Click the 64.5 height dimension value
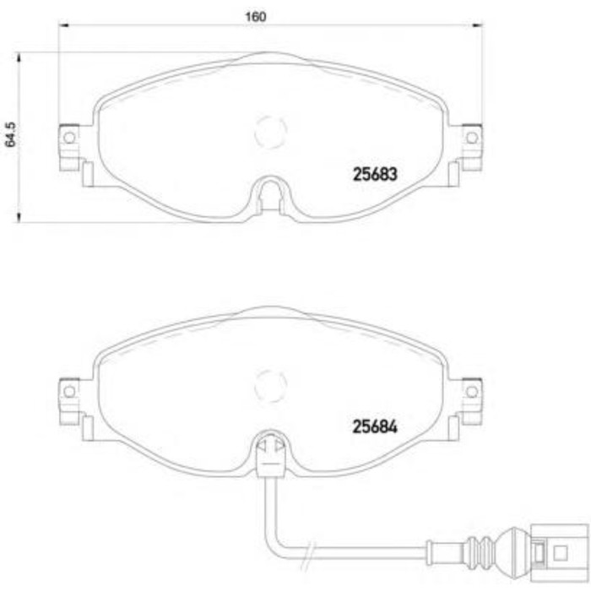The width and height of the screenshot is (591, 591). click(11, 136)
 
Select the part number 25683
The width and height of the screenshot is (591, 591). click(373, 175)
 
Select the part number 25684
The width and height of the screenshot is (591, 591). click(373, 427)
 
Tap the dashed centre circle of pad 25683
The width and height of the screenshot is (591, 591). click(270, 131)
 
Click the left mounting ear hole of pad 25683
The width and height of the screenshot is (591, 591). click(69, 137)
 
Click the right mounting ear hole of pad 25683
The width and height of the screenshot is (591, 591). click(471, 137)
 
